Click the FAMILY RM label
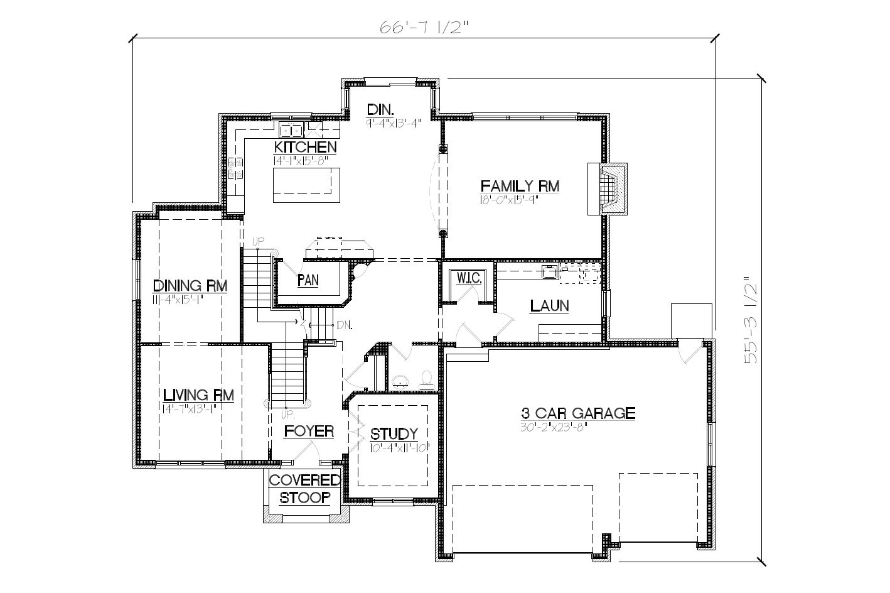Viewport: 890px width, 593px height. (x=520, y=186)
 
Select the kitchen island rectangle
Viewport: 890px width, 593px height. (x=306, y=185)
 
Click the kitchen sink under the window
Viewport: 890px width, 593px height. (x=291, y=130)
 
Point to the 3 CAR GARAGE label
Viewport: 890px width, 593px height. (x=578, y=413)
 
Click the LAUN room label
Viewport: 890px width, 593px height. (x=549, y=306)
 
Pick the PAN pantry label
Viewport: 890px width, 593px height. (x=308, y=280)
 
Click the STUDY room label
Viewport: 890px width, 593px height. (x=394, y=434)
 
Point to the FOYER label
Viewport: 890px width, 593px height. (x=309, y=432)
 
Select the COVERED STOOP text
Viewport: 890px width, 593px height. (x=305, y=489)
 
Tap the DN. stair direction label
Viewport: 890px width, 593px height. (x=345, y=325)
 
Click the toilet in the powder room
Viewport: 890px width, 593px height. (x=427, y=378)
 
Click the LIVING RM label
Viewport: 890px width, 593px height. (x=198, y=395)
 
